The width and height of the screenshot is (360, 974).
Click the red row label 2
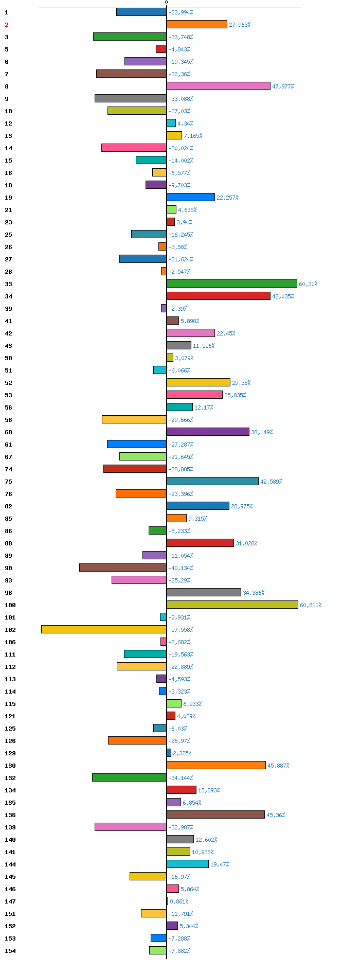[7, 25]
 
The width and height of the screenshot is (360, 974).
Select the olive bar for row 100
[232, 605]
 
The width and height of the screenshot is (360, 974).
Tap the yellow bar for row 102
[104, 629]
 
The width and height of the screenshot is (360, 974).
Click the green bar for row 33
[232, 284]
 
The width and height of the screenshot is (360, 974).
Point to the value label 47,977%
[283, 86]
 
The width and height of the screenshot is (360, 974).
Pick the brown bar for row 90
[123, 568]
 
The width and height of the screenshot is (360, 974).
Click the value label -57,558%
[181, 630]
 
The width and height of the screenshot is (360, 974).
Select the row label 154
[10, 951]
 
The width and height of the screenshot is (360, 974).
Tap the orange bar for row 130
[216, 765]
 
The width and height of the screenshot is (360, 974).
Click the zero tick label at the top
[166, 3]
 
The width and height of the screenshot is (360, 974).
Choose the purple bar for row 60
[208, 432]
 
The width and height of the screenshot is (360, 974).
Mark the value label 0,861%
[179, 901]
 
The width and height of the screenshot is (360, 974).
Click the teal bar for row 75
[212, 481]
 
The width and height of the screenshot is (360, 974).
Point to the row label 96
[8, 593]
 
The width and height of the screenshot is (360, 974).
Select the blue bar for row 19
[191, 197]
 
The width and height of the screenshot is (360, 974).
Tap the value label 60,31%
[308, 284]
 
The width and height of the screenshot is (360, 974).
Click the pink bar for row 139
[131, 827]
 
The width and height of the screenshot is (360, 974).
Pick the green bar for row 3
[130, 37]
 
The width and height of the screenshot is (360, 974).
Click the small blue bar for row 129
[169, 753]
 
